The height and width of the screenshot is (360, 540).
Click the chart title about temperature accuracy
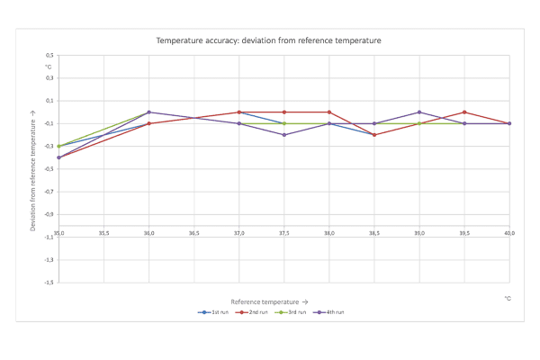pos(268,40)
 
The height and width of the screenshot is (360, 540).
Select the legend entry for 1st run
pos(215,311)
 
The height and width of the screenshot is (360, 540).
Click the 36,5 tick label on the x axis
pos(193,233)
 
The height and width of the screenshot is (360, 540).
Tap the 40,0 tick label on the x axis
pos(509,233)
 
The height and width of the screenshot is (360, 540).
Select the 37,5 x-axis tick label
pos(283,233)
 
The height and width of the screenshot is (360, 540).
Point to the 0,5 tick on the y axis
pos(49,56)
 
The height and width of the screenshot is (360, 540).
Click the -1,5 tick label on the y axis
pos(48,283)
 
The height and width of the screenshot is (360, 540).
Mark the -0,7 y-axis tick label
pos(48,192)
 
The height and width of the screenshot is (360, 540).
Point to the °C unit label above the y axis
pos(49,67)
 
